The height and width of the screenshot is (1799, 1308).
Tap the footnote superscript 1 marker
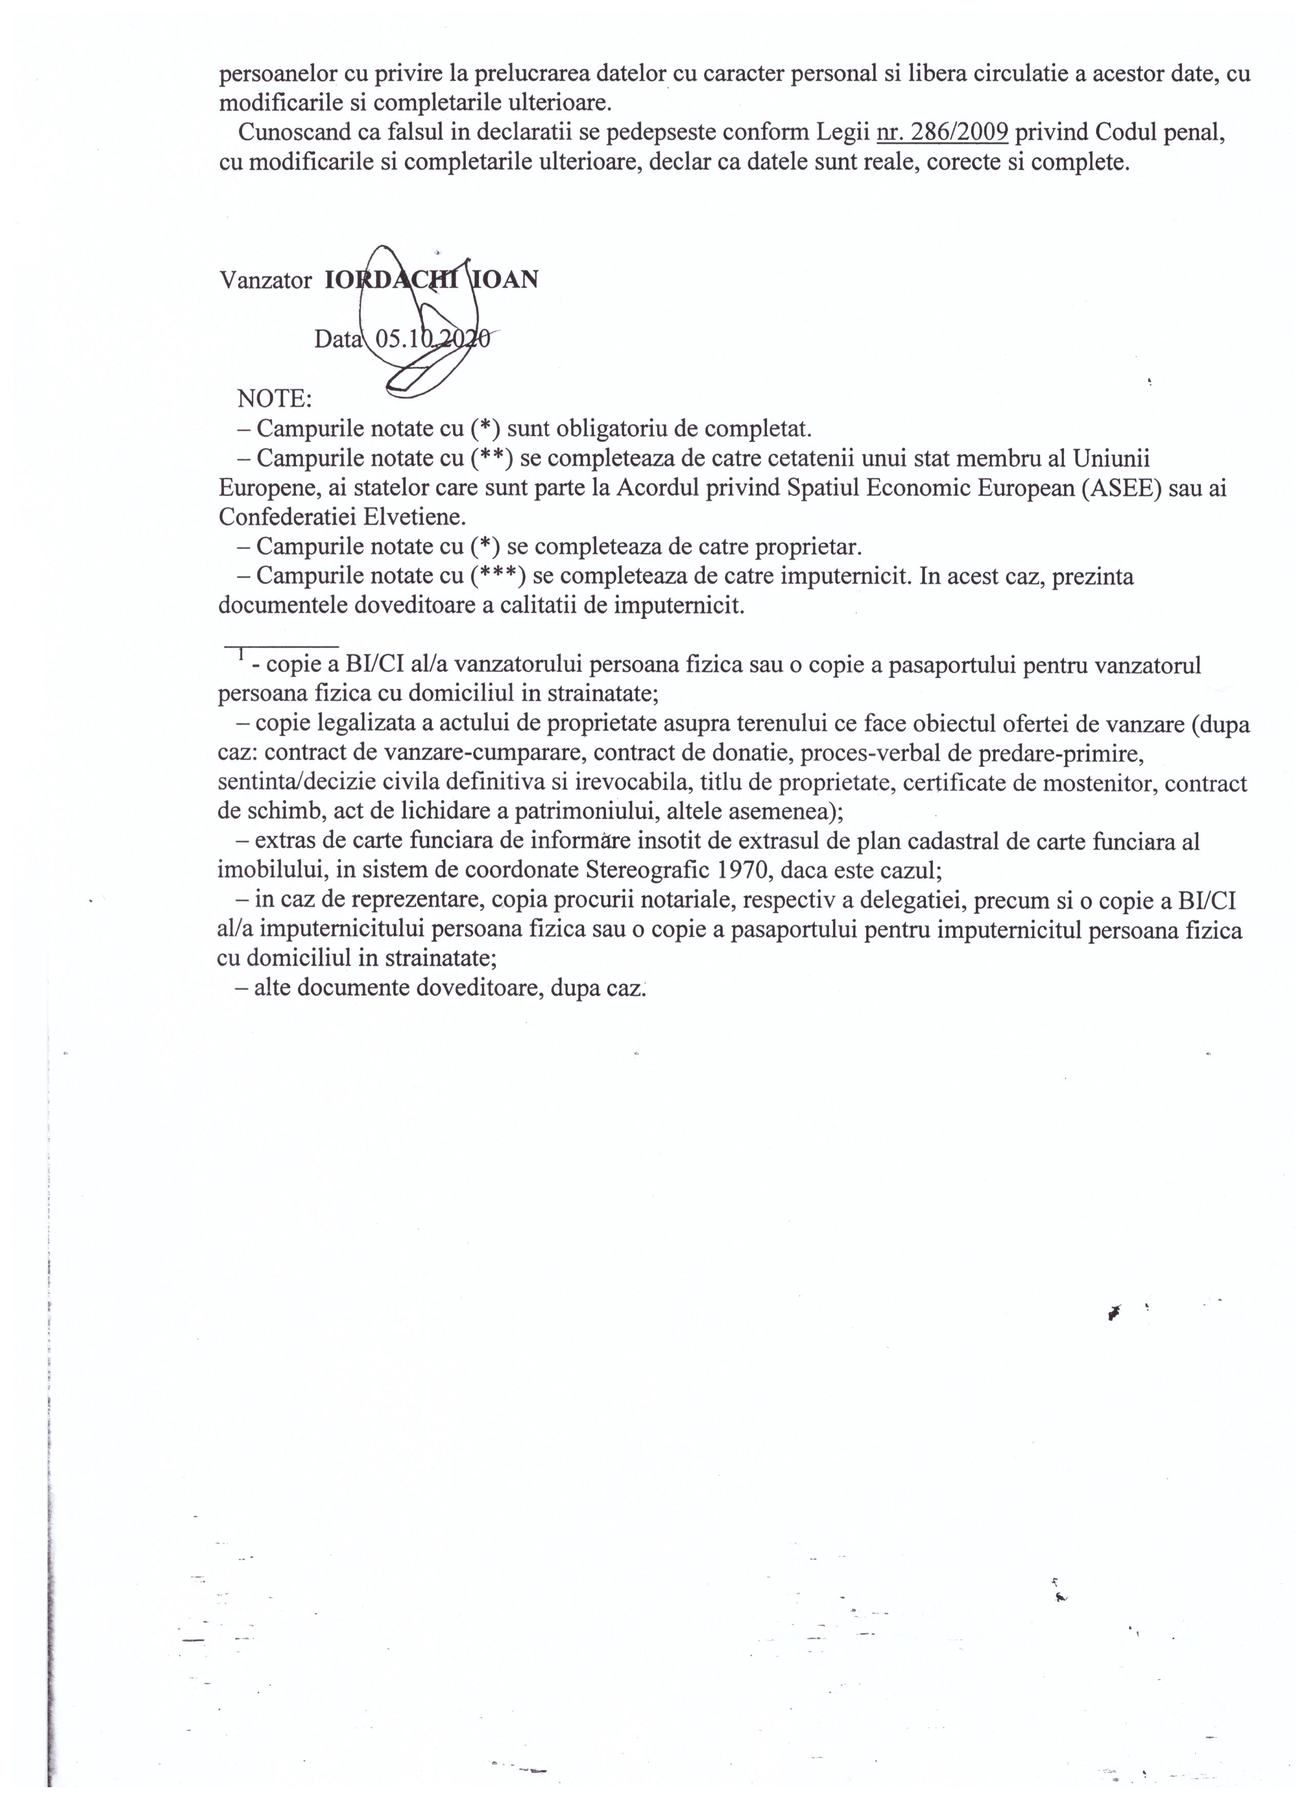(239, 656)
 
